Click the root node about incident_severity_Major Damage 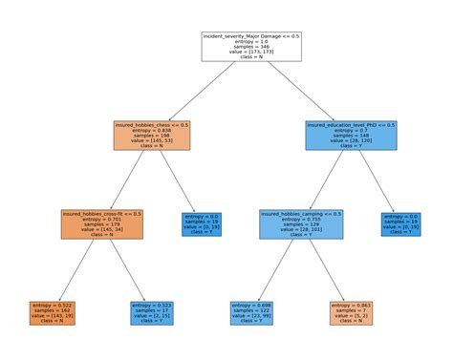pos(251,46)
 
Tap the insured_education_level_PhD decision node pos(351,136)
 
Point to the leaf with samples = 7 pos(351,312)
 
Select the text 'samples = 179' pos(103,224)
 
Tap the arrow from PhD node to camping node pos(325,180)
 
